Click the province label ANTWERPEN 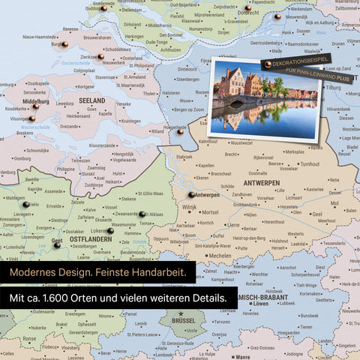pyautogui.click(x=260, y=183)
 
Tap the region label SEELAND pyautogui.click(x=91, y=100)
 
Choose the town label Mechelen pyautogui.click(x=219, y=255)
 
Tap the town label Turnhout pyautogui.click(x=303, y=163)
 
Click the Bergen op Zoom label pyautogui.click(x=181, y=109)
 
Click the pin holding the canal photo pyautogui.click(x=268, y=65)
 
